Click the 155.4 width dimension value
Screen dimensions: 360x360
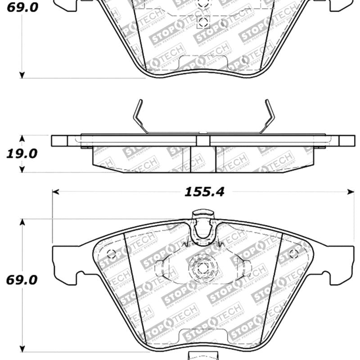tap(204, 192)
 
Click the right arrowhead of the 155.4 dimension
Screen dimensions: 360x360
tap(351, 192)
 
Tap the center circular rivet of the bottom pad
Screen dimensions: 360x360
tap(203, 266)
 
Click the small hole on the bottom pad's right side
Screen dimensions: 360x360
tap(293, 253)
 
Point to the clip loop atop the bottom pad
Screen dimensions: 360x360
tap(203, 225)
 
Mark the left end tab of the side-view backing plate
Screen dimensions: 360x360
tap(59, 141)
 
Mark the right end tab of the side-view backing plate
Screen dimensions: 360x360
tap(346, 141)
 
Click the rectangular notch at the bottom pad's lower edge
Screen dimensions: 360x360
tap(203, 335)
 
